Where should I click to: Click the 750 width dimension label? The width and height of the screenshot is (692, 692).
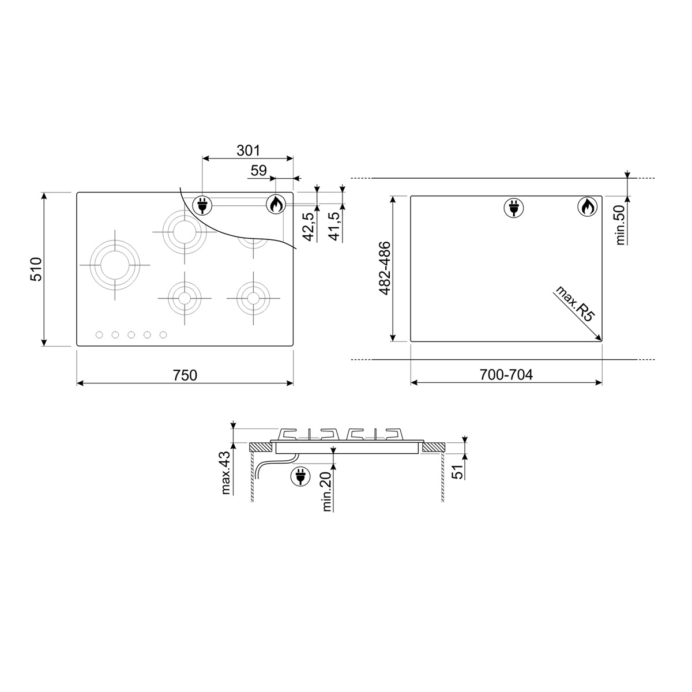point(185,375)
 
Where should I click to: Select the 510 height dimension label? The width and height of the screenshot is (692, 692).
point(36,269)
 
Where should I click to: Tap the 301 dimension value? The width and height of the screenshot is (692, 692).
point(248,151)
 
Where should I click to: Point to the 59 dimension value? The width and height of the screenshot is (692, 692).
point(258,171)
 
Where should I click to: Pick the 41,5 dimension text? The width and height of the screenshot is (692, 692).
point(334,226)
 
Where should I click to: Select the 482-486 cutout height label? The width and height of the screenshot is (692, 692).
point(385,268)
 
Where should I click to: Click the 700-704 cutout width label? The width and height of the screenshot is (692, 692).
point(506,375)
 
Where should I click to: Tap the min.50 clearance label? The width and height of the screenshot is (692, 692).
point(620,225)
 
